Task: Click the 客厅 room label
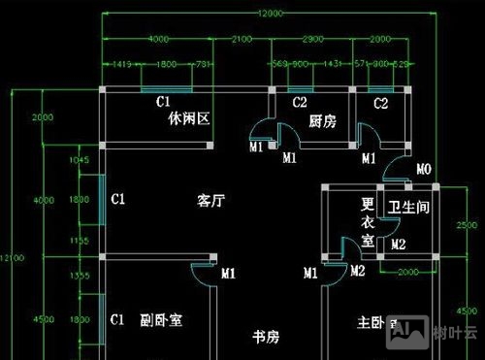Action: point(210,201)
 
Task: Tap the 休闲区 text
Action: point(189,120)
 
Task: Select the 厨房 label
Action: point(322,121)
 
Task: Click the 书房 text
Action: point(266,337)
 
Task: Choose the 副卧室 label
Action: point(161,319)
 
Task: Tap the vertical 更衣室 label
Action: point(369,222)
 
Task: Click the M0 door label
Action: point(423,171)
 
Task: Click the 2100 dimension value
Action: point(242,39)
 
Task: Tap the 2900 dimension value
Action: point(312,39)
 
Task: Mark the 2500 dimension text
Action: point(468,225)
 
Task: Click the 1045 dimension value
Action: point(81,160)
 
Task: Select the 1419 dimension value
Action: point(121,64)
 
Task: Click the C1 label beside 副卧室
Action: point(117,318)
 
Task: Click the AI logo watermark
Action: point(404,333)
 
